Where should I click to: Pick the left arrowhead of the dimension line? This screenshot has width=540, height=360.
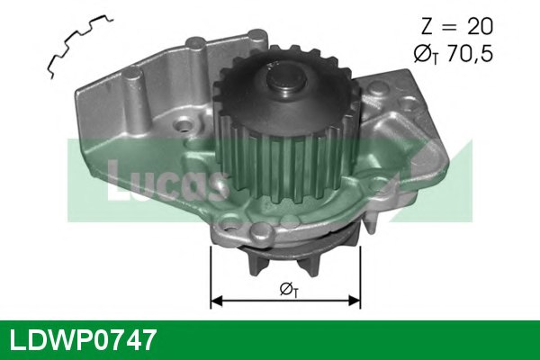tap(217, 302)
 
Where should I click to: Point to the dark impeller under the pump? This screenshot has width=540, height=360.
tap(283, 256)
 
